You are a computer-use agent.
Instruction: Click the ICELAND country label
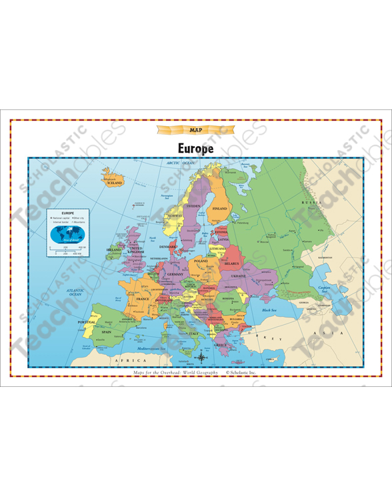tap(115, 182)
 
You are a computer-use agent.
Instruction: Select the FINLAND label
tap(219, 208)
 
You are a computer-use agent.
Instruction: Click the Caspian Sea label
tap(325, 290)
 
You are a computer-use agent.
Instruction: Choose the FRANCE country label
tap(143, 299)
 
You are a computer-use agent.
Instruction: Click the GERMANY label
tap(175, 274)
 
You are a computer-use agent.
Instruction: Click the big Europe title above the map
tap(196, 148)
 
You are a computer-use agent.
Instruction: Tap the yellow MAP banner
tap(195, 130)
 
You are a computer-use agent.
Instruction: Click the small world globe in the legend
tap(69, 233)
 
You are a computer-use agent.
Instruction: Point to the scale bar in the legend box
tap(67, 250)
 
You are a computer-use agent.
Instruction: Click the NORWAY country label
tap(175, 215)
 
